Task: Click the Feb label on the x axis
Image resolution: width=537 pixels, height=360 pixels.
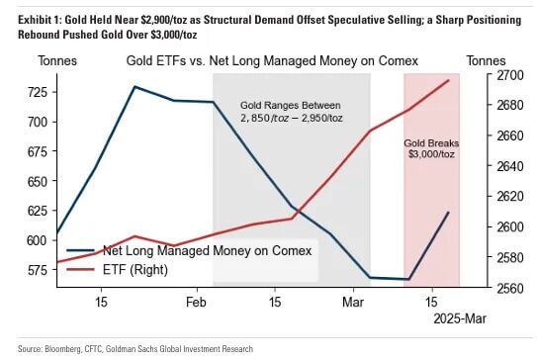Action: coord(197,301)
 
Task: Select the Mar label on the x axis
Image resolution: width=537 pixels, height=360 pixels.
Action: coord(354,301)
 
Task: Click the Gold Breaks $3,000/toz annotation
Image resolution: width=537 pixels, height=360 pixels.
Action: coord(431,148)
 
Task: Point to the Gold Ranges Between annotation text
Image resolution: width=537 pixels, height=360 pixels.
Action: coord(290,106)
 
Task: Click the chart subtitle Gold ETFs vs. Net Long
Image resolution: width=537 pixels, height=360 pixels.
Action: coord(272,61)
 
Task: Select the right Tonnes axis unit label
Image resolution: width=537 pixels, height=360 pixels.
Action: coord(499,61)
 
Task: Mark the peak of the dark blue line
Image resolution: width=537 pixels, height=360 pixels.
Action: coord(134,87)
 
